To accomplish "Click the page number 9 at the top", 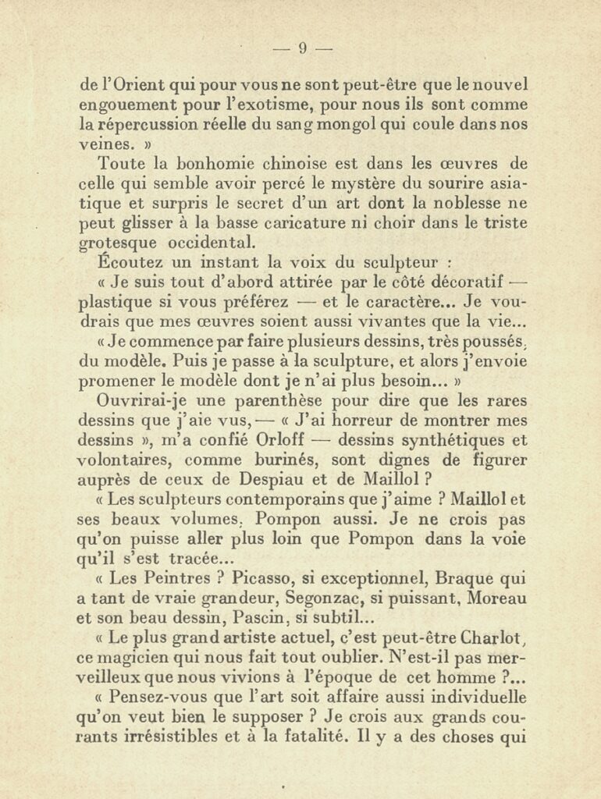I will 303,49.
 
